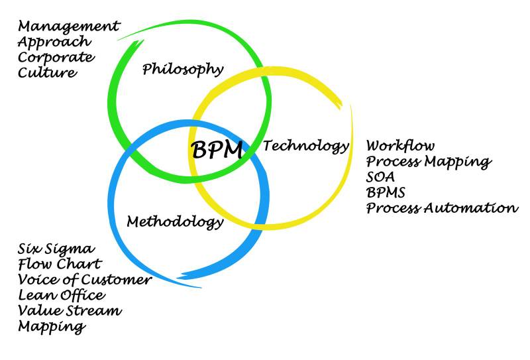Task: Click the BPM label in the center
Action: click(217, 149)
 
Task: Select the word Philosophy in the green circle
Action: click(183, 69)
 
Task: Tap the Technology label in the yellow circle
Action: click(305, 146)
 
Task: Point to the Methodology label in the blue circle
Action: click(174, 221)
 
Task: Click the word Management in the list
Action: click(69, 27)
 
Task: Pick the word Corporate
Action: click(56, 58)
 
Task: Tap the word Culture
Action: click(46, 73)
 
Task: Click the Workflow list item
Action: click(401, 145)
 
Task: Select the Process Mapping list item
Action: click(429, 161)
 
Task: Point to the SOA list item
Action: click(380, 177)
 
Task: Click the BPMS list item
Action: click(386, 192)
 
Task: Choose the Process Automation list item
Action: click(442, 208)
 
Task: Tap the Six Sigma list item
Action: click(56, 249)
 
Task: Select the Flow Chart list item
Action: click(58, 265)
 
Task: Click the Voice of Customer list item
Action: click(85, 280)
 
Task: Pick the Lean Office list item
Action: click(61, 295)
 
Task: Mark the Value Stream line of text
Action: click(70, 310)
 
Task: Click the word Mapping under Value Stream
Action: click(52, 326)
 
